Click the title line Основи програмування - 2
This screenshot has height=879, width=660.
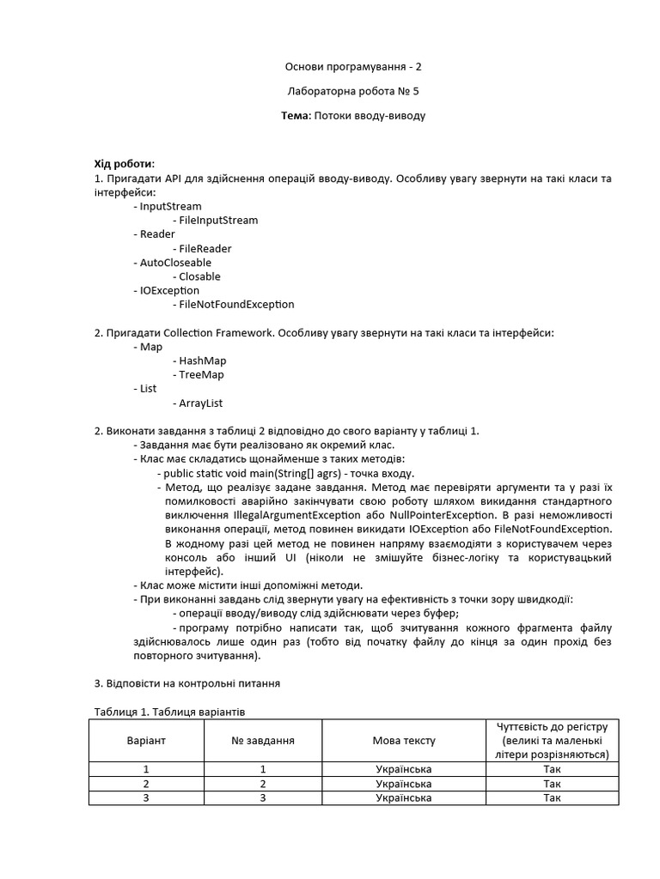(353, 67)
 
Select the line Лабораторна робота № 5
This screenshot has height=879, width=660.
(353, 91)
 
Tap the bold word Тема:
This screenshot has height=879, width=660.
(296, 115)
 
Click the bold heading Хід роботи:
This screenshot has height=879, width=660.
(125, 164)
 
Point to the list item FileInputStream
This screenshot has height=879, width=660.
(218, 221)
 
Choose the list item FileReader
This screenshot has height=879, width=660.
(205, 249)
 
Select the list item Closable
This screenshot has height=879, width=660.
(199, 276)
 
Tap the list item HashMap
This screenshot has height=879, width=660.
(203, 361)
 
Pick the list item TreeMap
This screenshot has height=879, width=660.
(201, 375)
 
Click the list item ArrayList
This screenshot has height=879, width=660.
(201, 403)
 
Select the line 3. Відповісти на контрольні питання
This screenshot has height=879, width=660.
(186, 684)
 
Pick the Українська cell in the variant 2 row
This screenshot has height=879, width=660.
(404, 784)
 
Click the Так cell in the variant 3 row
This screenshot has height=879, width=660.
(552, 798)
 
